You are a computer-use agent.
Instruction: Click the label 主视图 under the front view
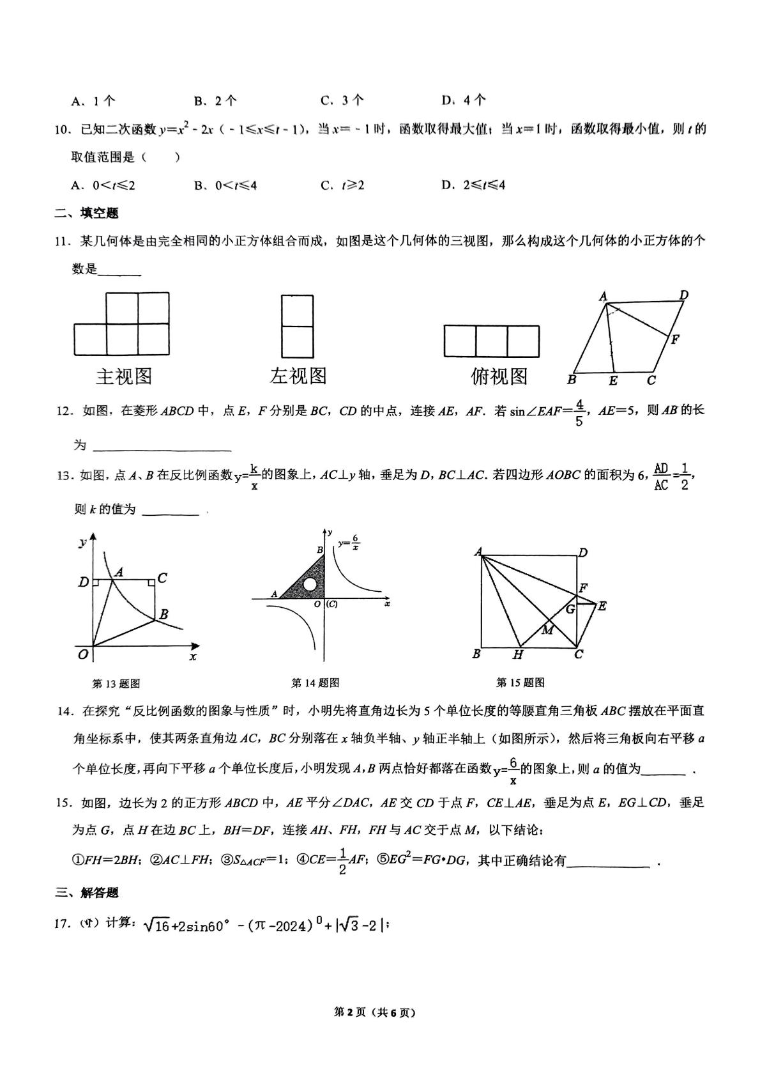pos(124,376)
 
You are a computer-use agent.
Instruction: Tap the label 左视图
pos(298,376)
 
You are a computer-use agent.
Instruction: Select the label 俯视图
pos(499,376)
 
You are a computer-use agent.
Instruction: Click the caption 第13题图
pos(116,683)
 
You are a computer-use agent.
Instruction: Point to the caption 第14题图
pos(315,683)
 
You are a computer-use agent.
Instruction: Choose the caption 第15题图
pos(520,683)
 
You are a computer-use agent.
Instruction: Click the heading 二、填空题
pos(87,213)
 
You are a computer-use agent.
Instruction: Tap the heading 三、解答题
pos(87,892)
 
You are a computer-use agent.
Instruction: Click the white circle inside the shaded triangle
pos(310,584)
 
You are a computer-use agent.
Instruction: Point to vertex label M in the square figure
pos(547,630)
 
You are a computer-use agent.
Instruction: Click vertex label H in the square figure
pos(518,654)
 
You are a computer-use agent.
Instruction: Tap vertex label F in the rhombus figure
pos(675,339)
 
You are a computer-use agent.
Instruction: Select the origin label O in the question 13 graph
pos(82,654)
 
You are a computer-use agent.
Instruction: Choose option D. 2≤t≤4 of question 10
pos(473,185)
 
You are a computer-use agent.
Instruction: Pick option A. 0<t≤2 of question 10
pos(103,185)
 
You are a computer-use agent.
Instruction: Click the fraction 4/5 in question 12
pos(579,412)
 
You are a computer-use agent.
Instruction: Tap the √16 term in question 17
pos(157,925)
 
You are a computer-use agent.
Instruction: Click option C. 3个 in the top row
pos(342,100)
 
